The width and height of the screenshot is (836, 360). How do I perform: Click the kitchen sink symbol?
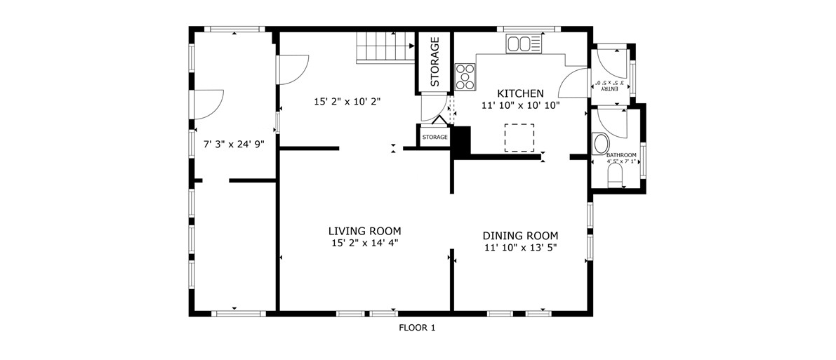click(524, 44)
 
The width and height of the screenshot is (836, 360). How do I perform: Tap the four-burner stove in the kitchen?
click(465, 76)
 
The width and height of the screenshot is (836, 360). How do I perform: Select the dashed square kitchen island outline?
click(519, 138)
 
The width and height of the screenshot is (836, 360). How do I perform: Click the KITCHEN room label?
click(520, 93)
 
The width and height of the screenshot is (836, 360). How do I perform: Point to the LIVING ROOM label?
click(365, 232)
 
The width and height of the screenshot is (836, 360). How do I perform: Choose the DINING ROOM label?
click(520, 235)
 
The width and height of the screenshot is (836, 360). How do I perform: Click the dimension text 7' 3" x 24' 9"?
click(234, 144)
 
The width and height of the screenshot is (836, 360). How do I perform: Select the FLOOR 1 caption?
click(418, 328)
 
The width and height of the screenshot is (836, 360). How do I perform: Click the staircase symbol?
click(385, 47)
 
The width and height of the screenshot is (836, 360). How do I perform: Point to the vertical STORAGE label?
click(435, 61)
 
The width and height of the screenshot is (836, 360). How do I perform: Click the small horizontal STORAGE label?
click(435, 138)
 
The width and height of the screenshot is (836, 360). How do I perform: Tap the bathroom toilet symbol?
click(616, 175)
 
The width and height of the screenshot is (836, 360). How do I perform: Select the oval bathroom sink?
click(601, 145)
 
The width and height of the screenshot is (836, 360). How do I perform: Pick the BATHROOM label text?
click(621, 154)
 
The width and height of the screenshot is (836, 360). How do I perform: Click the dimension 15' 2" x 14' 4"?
click(365, 244)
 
